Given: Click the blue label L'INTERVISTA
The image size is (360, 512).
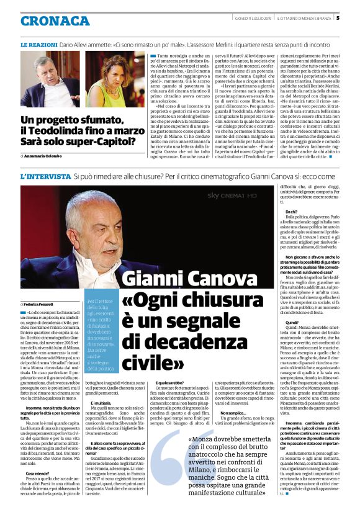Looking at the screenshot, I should (x=44, y=177).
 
